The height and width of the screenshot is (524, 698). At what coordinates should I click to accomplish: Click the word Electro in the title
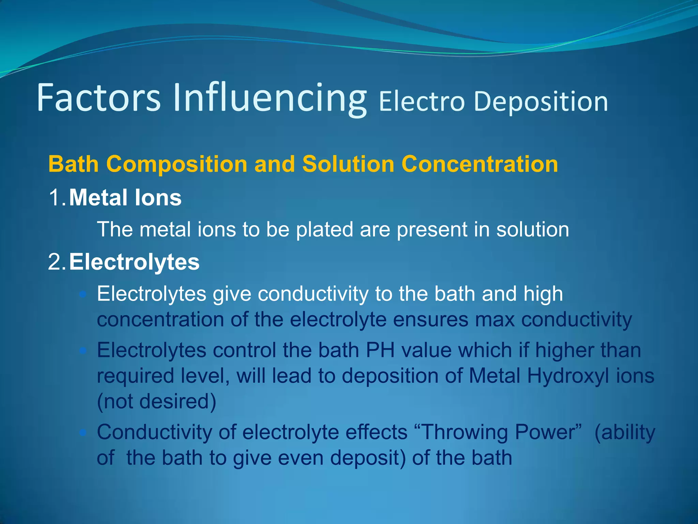tap(422, 102)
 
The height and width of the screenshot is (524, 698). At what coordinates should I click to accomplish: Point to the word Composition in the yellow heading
tap(177, 164)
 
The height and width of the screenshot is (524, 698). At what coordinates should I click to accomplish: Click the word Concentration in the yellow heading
tap(480, 164)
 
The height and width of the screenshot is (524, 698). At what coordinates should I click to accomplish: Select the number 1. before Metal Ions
tap(57, 198)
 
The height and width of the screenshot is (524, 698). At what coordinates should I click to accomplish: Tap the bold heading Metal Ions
tap(125, 198)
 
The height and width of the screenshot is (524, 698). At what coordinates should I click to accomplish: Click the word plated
tap(324, 229)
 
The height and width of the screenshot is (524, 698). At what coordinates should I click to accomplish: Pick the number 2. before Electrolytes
tap(57, 262)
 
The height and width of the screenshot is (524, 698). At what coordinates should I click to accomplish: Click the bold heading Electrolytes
tap(134, 262)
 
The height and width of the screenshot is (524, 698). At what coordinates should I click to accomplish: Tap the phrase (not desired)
tap(156, 402)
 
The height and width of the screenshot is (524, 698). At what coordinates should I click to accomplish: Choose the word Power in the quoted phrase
tap(549, 432)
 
